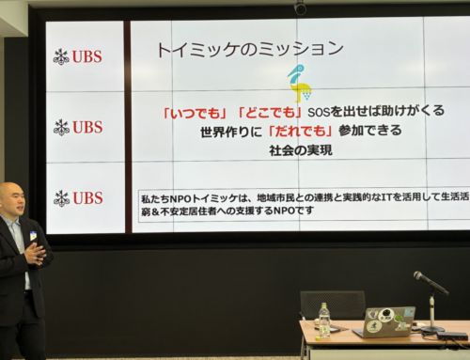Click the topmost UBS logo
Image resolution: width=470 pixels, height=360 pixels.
tap(78, 56)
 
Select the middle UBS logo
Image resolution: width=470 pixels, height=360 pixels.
tap(78, 127)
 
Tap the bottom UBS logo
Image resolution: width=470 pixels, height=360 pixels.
tap(78, 198)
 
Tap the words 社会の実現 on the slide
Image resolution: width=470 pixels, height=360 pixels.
tap(299, 151)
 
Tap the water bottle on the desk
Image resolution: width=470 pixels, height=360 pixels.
tap(324, 320)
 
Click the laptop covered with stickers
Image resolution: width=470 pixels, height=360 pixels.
tap(385, 322)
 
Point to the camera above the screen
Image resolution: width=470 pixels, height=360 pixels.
tap(300, 7)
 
